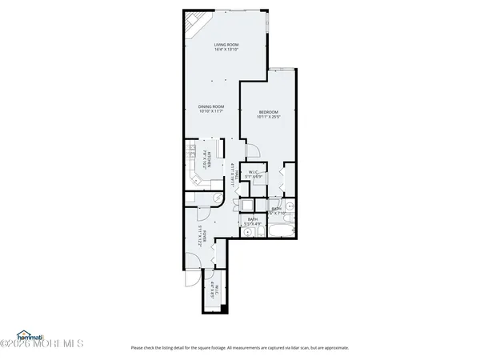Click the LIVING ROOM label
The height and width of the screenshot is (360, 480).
tap(227, 45)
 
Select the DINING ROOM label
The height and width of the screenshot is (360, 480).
tap(211, 106)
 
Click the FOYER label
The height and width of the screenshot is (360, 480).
tap(206, 237)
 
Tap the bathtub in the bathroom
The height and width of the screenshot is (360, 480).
tap(278, 233)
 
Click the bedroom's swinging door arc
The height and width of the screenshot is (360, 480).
tap(251, 151)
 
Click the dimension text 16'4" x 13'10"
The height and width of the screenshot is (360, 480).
tap(227, 50)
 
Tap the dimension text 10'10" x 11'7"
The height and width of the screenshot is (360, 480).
tap(211, 112)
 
